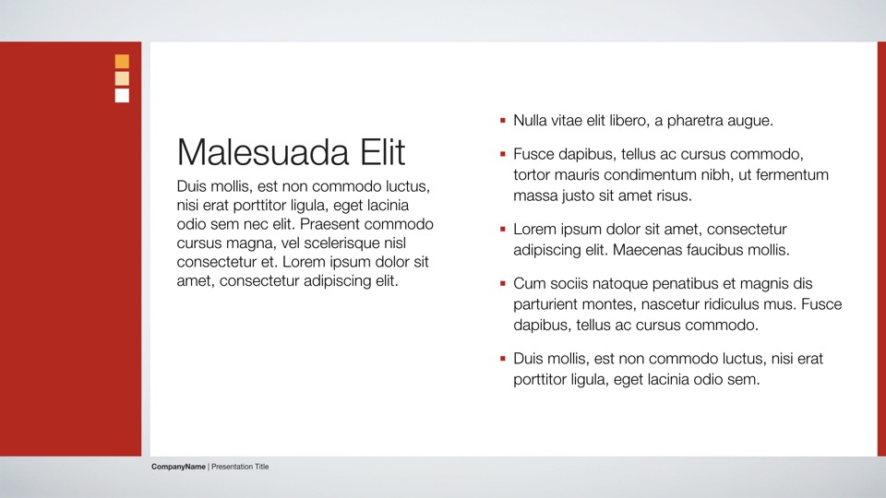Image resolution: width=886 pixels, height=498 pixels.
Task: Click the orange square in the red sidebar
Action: point(122,62)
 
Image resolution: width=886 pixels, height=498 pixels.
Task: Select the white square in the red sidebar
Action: point(122,95)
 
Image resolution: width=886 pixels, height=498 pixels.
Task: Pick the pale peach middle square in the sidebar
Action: point(122,78)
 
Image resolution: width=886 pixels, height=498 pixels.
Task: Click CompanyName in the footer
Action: point(178,467)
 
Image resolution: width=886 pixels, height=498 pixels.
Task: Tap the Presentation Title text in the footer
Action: point(240,467)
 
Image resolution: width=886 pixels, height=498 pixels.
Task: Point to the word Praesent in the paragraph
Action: point(333,224)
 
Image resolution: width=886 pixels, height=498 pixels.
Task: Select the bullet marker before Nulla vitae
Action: point(502,120)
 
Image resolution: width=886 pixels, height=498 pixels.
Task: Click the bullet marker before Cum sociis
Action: point(502,283)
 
